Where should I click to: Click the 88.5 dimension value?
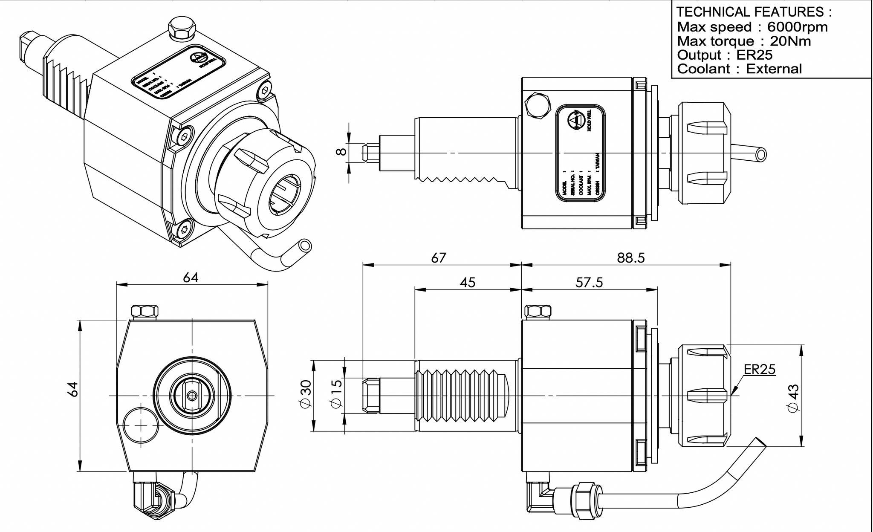(x=631, y=258)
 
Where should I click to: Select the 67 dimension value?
(x=439, y=258)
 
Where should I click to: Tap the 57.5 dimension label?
(x=589, y=283)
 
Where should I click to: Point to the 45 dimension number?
(x=468, y=283)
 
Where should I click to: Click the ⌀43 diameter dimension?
(x=793, y=398)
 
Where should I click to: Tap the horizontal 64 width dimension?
(x=191, y=278)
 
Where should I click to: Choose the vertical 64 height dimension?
(x=73, y=390)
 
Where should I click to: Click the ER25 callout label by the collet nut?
(x=760, y=369)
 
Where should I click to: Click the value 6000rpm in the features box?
(x=797, y=27)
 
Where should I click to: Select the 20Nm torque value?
(x=790, y=41)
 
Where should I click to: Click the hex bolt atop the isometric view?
(x=182, y=29)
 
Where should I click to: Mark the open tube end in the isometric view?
(x=305, y=246)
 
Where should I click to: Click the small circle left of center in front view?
(x=140, y=425)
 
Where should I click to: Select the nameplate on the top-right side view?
(x=581, y=153)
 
